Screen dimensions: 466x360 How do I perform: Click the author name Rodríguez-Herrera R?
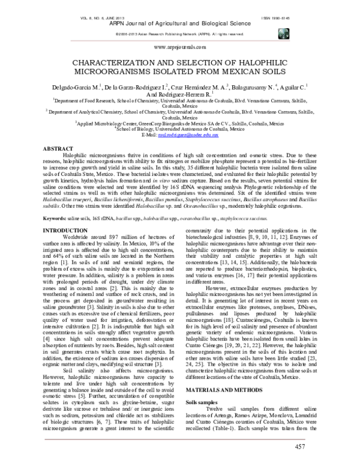(x=188, y=95)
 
